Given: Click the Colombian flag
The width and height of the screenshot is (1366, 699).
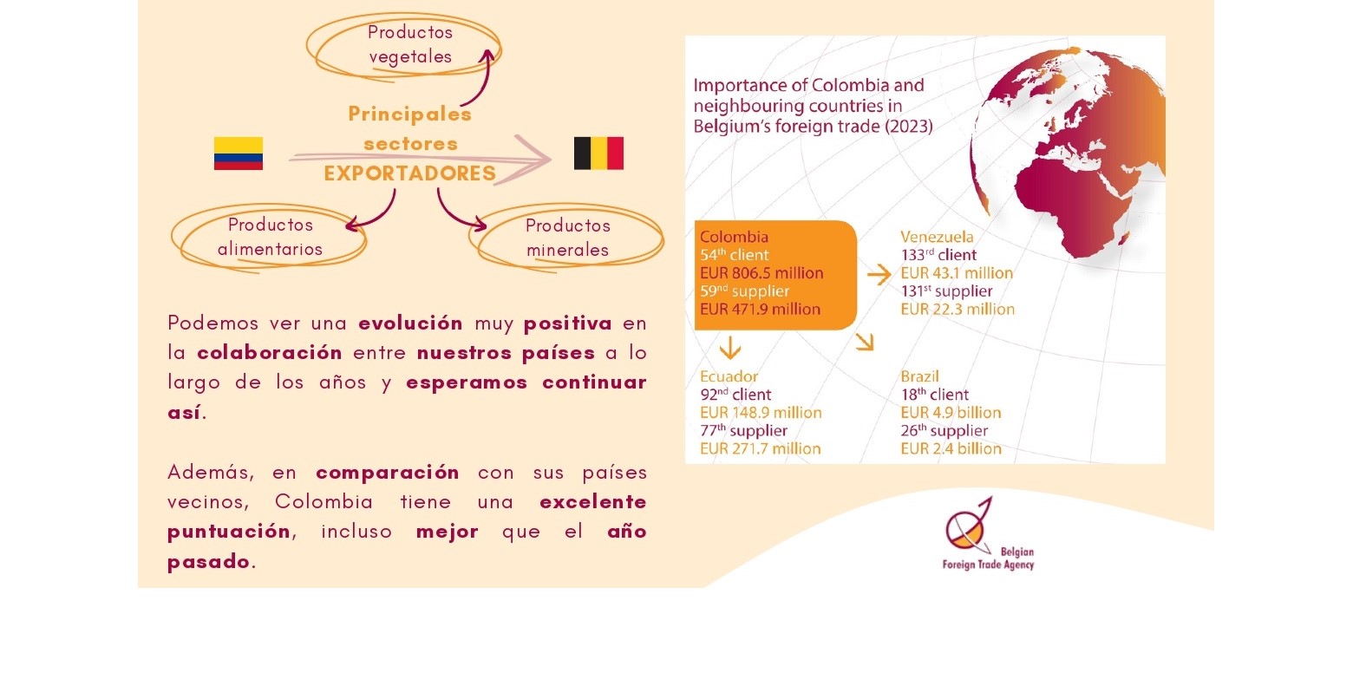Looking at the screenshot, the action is point(239,154).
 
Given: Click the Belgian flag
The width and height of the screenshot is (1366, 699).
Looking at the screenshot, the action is point(598,154).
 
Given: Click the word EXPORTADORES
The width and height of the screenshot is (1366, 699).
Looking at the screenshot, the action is point(409,173).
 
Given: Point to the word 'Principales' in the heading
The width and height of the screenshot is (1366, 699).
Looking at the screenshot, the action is point(409,114).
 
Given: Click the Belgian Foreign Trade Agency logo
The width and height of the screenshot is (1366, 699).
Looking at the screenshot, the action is point(988,533).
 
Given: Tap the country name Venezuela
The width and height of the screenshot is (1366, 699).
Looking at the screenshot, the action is point(937,237).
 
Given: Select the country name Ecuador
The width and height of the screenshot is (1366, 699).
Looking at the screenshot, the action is point(729,376).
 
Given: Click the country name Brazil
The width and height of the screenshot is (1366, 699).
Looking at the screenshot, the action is point(919,376).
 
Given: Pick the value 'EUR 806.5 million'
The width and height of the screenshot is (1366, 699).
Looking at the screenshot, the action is point(761,272).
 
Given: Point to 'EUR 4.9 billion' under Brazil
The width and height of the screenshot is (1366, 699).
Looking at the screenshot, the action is point(951,412).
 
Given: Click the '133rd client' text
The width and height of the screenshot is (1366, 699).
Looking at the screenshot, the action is point(938,254).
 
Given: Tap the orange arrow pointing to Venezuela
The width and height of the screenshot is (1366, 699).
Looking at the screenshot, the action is point(879,274).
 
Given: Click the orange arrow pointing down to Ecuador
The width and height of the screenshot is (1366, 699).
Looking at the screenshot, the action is point(730,349).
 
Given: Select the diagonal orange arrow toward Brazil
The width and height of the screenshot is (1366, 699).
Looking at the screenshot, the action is point(866,343).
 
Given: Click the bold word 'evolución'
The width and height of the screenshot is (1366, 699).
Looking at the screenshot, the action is point(410,323).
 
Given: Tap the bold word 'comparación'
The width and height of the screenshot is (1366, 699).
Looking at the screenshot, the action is point(387,474).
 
